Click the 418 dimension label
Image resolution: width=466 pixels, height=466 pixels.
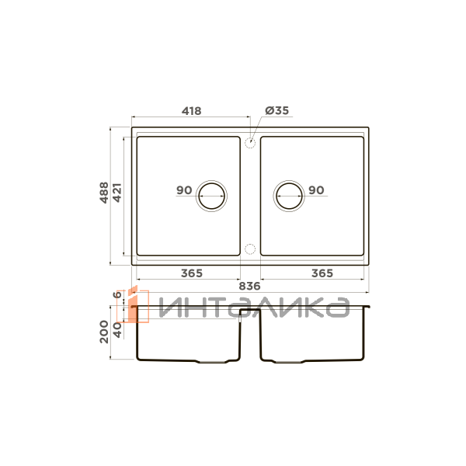191,111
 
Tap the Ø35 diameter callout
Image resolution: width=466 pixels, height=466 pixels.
277,110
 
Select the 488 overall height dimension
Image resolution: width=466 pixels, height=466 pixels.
104,193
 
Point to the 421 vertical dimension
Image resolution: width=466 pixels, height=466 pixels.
117,193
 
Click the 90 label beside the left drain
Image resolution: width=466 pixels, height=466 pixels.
184,190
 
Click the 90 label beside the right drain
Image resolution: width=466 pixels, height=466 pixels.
316,190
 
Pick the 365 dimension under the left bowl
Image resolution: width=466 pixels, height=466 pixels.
192,273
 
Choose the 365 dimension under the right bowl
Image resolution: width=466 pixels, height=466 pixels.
322,273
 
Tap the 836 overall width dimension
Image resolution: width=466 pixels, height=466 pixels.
249,286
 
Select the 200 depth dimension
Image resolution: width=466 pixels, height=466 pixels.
104,332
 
